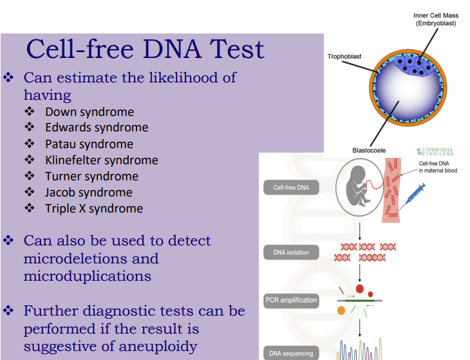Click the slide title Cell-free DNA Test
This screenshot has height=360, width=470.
tap(145, 50)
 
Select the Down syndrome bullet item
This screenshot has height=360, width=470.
tap(89, 111)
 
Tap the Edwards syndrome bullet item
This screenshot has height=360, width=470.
tap(97, 128)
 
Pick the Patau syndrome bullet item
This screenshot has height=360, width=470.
tap(89, 144)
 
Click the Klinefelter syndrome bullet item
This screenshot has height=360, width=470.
tap(101, 160)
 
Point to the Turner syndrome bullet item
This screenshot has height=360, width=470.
tap(91, 176)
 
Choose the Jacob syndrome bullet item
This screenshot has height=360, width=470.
tap(88, 192)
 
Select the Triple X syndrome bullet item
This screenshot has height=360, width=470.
tap(93, 208)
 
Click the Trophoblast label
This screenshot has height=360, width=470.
tap(344, 57)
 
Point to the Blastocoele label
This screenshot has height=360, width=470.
tap(369, 149)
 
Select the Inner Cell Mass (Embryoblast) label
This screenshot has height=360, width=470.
tap(436, 19)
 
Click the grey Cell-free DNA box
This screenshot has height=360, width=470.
tap(291, 188)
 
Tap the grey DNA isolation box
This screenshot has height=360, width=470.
tap(291, 252)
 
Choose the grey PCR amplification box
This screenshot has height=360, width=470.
tap(291, 300)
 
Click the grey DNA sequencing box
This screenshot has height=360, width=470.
tap(291, 353)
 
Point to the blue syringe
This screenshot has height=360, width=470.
tap(412, 197)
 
